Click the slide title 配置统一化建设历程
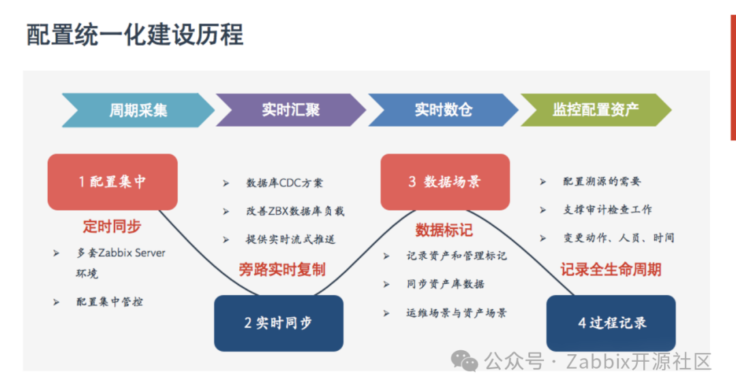pos(134,34)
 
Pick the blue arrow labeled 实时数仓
pos(444,110)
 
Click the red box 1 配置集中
pos(112,182)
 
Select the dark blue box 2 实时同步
pos(278,323)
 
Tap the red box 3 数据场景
pos(444,182)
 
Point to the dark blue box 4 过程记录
pos(611,323)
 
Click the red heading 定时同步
pos(112,226)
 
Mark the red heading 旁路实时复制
pos(282,269)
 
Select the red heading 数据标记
pos(444,230)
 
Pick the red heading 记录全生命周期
pos(611,269)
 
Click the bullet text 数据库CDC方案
pos(285,183)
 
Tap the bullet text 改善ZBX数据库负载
pos(295,211)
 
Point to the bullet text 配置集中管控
pos(110,302)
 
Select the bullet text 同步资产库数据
pos(446,284)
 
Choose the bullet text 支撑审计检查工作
pos(607,210)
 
